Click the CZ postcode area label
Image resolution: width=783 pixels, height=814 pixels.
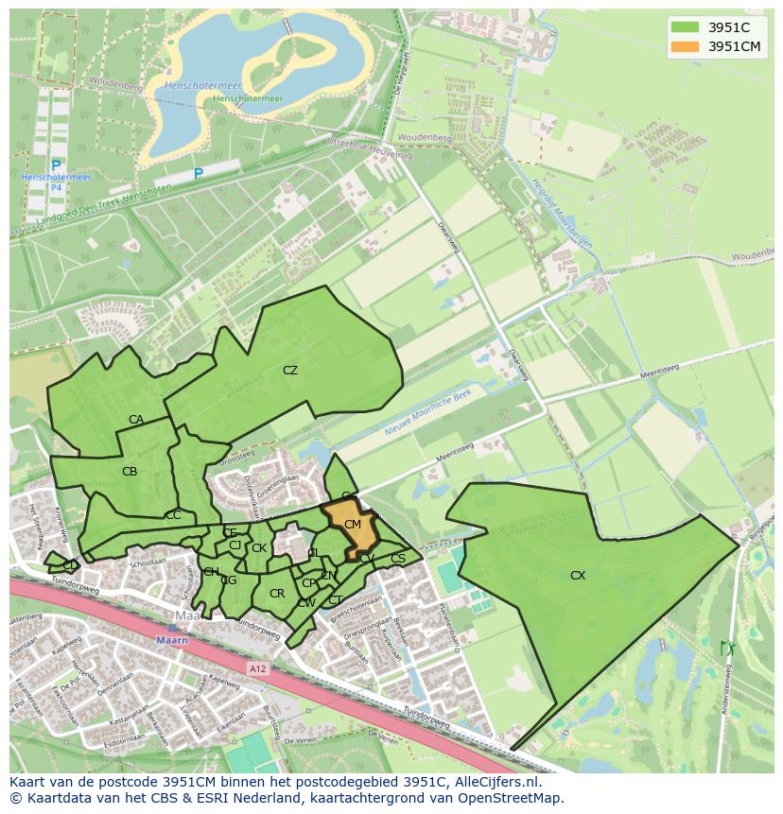point(290,371)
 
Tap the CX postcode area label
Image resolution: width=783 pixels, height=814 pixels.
point(578,575)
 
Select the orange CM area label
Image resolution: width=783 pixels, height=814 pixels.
point(353,525)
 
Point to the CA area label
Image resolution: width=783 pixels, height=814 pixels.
point(136,420)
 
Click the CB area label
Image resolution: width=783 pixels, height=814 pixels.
point(130,472)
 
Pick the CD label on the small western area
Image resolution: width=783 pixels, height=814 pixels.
point(70,565)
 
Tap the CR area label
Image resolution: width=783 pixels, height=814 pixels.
point(277,594)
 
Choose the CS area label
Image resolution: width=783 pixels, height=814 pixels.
point(398,559)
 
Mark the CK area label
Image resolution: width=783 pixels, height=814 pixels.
point(258,548)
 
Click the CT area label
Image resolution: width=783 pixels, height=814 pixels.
point(335,600)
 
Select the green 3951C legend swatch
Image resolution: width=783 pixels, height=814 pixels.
point(685,27)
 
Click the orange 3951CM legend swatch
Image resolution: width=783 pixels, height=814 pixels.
point(685,46)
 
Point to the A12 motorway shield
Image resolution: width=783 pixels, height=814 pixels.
point(257,667)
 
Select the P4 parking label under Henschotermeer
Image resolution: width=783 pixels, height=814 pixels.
point(56,188)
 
